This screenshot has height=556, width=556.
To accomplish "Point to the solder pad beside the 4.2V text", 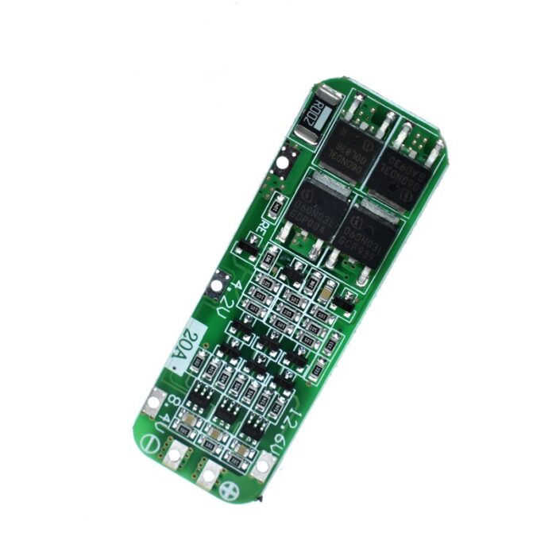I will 213,287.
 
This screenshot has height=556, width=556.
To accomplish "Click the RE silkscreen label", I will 261,232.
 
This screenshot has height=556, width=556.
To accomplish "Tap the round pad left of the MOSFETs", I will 282,166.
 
